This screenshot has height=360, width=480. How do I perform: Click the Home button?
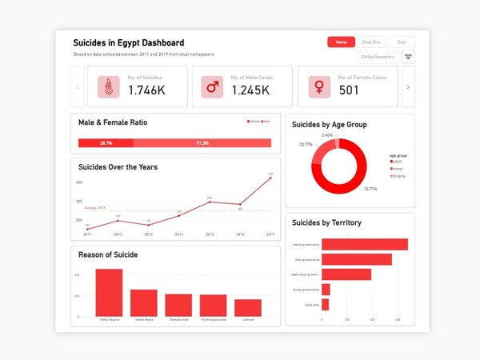(341, 42)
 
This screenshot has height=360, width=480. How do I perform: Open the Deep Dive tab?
(372, 42)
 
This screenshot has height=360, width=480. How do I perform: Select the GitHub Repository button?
(378, 57)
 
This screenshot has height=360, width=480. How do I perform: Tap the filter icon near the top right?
(408, 57)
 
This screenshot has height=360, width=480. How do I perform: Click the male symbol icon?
(213, 87)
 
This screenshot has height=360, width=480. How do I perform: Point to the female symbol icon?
(319, 87)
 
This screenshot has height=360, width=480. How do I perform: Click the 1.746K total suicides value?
(146, 90)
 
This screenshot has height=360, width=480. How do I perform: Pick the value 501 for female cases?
(349, 90)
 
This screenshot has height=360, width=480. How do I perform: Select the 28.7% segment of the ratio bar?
(106, 143)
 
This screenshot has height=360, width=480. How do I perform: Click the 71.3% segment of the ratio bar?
(202, 143)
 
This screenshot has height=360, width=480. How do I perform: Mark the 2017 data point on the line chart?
(270, 178)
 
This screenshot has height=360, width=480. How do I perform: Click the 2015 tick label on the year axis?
(210, 234)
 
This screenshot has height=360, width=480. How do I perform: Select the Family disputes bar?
(109, 292)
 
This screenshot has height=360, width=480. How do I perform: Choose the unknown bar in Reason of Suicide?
(248, 307)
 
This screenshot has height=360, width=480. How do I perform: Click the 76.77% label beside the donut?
(370, 190)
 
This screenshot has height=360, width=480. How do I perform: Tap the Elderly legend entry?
(400, 176)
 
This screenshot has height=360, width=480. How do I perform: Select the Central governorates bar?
(365, 245)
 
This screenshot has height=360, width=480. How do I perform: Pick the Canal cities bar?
(326, 305)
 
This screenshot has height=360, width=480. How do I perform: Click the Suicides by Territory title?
(326, 222)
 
